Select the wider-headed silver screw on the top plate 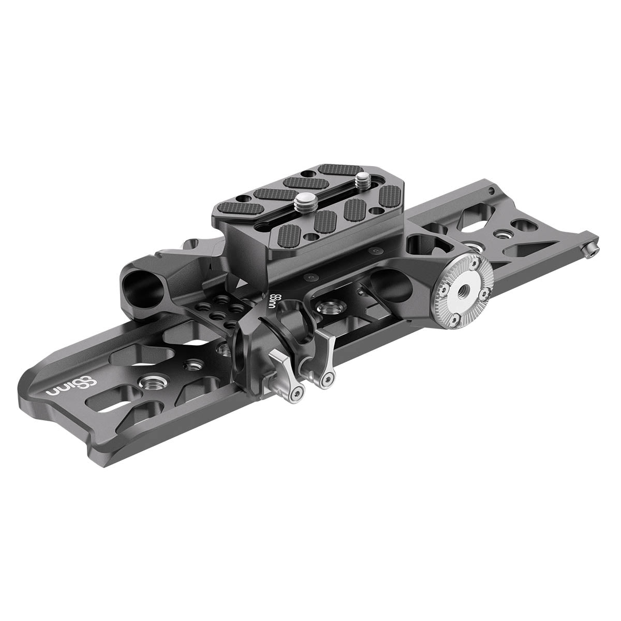pos(304,201)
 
